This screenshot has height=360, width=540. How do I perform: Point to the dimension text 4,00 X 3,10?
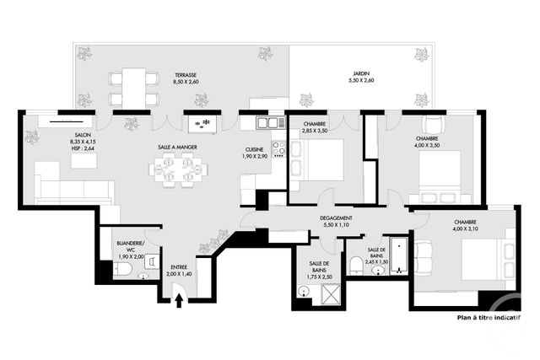446,229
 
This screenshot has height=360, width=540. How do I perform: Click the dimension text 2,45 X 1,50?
376,262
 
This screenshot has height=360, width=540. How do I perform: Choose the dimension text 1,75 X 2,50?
321,277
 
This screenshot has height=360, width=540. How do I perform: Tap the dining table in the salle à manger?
177,171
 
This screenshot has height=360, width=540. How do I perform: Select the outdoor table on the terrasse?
133,87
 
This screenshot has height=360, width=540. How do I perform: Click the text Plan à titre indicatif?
489,318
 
